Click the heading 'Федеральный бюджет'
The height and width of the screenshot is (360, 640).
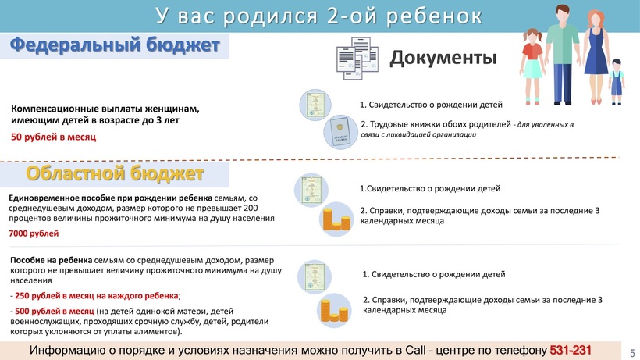115,45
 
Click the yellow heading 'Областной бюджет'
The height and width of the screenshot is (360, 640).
115,173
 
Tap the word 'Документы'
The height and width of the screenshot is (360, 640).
443,58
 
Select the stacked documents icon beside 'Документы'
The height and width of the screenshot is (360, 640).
357,58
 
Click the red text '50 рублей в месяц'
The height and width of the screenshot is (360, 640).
54,137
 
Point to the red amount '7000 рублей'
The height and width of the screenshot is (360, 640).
34,233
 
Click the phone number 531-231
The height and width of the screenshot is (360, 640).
571,350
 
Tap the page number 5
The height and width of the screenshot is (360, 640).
632,353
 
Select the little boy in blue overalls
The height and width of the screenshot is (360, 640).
617,82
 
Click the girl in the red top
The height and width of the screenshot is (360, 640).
532,66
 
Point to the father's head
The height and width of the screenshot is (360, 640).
563,14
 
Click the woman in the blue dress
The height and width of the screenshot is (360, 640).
596,57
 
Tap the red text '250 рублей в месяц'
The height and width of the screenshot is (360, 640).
96,295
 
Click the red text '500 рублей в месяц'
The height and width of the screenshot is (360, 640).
55,311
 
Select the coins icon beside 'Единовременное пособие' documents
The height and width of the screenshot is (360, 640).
336,219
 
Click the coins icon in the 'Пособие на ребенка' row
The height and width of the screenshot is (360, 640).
334,311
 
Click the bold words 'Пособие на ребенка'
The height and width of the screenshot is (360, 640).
51,260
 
